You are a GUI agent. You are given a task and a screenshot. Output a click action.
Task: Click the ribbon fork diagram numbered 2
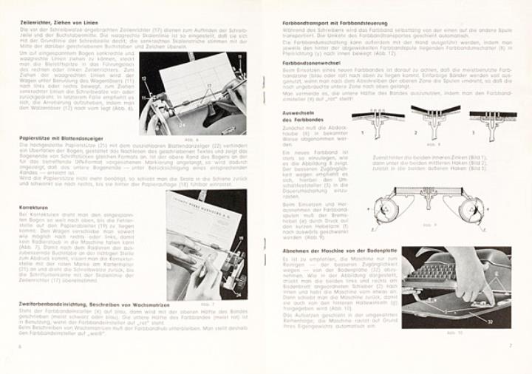click(x=430, y=118)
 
